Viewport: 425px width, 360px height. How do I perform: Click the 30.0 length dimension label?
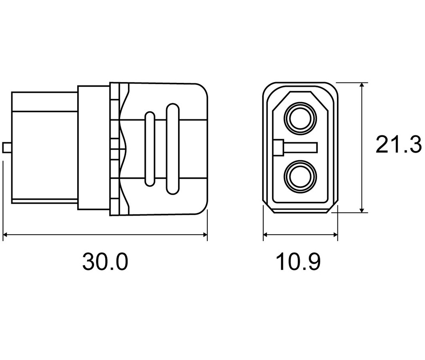[105, 261]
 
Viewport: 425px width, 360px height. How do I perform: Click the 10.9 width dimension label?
[298, 261]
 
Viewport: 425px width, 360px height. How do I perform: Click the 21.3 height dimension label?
[398, 145]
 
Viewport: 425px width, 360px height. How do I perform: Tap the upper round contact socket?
[301, 119]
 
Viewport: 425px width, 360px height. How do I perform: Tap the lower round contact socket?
[301, 176]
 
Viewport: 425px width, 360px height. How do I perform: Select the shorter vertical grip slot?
[150, 149]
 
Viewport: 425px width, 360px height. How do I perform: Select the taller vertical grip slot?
[173, 149]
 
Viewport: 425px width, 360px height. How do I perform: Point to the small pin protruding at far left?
[7, 148]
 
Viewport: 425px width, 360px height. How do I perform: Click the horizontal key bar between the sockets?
[301, 148]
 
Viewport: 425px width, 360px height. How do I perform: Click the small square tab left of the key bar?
[279, 148]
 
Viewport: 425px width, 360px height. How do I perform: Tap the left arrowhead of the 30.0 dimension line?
[6, 235]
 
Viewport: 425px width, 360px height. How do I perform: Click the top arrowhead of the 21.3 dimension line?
[361, 86]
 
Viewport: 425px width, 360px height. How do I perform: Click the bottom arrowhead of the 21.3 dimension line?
[361, 209]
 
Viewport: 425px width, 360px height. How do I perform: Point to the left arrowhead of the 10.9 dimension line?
[267, 235]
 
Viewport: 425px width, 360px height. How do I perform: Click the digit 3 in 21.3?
[416, 145]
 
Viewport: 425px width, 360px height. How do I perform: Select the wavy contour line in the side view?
[124, 149]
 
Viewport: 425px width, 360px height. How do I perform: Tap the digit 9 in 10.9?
[314, 261]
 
